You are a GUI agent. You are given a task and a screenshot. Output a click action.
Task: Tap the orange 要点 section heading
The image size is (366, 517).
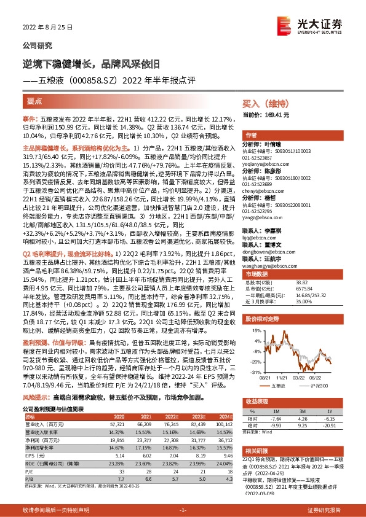click(35, 99)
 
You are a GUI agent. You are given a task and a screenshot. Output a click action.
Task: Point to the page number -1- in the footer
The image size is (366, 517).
click(182, 510)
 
